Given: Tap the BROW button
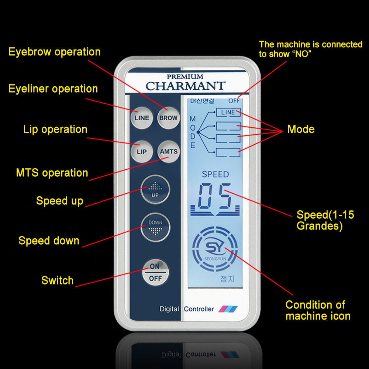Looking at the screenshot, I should [169, 118].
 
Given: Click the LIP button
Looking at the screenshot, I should [142, 152].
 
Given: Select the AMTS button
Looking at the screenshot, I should [169, 152].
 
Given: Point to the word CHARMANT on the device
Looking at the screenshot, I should [185, 86].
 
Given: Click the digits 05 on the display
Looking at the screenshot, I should [215, 196].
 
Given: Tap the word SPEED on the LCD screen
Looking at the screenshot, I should [215, 175].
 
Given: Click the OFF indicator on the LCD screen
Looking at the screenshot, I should [234, 101].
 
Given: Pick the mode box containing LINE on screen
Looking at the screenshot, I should [228, 112].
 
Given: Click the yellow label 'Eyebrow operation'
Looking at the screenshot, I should [55, 52].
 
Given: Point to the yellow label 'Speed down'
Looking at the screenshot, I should [49, 241].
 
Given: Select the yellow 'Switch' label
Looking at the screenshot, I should [58, 280].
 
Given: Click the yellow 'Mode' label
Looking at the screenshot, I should [301, 130].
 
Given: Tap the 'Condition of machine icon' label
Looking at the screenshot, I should [317, 310].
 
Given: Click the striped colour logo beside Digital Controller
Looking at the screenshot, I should [228, 309].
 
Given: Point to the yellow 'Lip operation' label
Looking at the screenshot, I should [55, 130].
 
